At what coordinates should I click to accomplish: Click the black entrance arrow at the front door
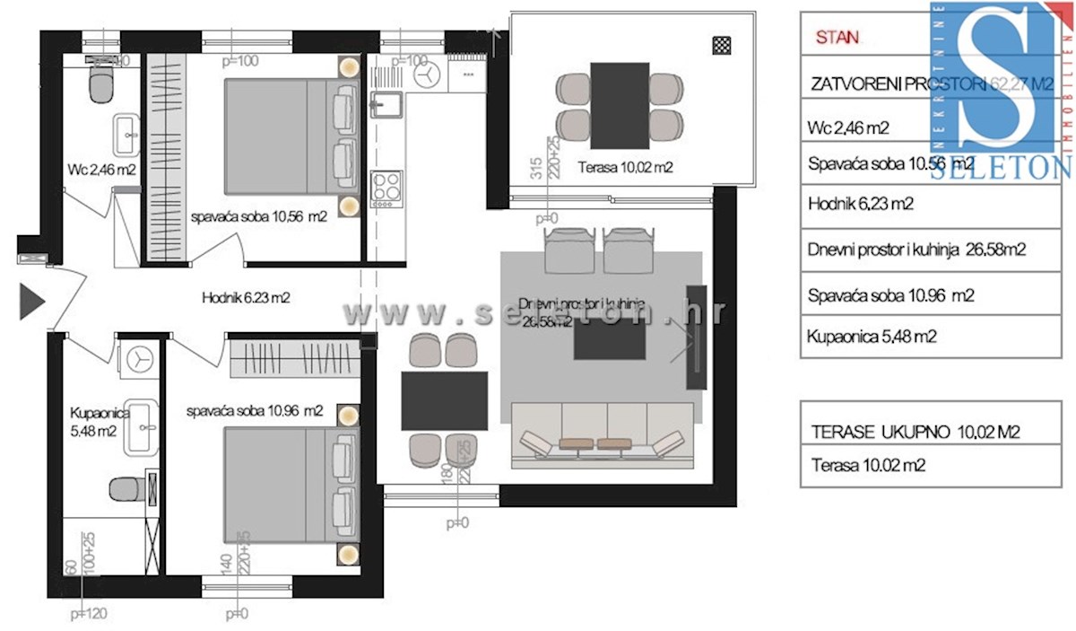point(31,301)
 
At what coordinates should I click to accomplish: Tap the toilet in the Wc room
point(101,86)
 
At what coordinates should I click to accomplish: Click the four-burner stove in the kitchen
point(386,188)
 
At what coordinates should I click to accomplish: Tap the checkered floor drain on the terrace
point(721,45)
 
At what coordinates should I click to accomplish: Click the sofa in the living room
point(602,435)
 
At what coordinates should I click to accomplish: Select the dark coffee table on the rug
point(609,339)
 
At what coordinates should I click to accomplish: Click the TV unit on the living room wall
point(697,337)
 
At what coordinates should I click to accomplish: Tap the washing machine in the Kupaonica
point(139,357)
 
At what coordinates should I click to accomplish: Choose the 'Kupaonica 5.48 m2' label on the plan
point(93,422)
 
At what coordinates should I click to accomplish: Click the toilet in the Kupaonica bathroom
point(124,488)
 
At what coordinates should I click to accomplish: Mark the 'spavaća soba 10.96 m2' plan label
point(255,411)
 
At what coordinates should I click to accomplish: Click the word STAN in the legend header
point(837,38)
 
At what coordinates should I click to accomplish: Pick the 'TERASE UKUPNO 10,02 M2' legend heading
point(915,432)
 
